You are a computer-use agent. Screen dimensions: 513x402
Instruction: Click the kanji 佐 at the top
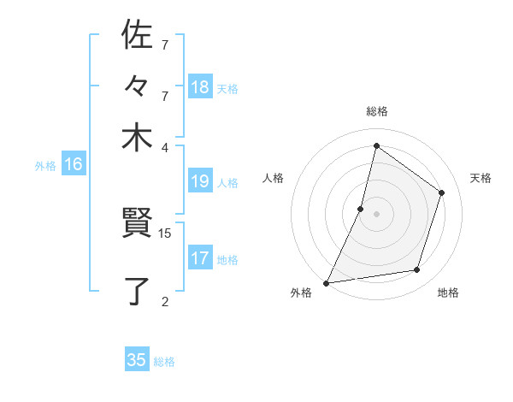coord(137,35)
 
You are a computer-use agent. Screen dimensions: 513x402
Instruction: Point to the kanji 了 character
coord(137,291)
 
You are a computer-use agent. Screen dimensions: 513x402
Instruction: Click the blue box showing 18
coord(200,87)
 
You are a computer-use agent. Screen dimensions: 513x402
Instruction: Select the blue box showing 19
coord(200,181)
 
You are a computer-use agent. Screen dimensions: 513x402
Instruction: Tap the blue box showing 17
coord(200,258)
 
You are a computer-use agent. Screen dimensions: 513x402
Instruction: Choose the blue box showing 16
coord(74,165)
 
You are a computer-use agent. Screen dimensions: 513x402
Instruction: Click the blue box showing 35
coord(137,360)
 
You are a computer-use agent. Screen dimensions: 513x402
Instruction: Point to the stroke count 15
coord(165,233)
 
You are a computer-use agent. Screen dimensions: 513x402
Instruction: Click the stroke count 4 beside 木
coord(165,147)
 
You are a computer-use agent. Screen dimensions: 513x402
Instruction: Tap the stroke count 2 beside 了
coord(165,300)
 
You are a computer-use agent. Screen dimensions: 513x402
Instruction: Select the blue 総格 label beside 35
coord(165,362)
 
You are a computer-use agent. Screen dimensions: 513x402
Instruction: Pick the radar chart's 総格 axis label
coord(376,111)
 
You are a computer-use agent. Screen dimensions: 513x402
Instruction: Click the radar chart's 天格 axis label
coord(481,178)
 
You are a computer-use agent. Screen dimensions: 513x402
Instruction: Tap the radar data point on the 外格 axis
coord(327,282)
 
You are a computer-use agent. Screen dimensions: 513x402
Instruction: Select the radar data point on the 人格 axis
coord(361,208)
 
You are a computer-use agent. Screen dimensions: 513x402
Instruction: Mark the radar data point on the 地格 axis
coord(417,270)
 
